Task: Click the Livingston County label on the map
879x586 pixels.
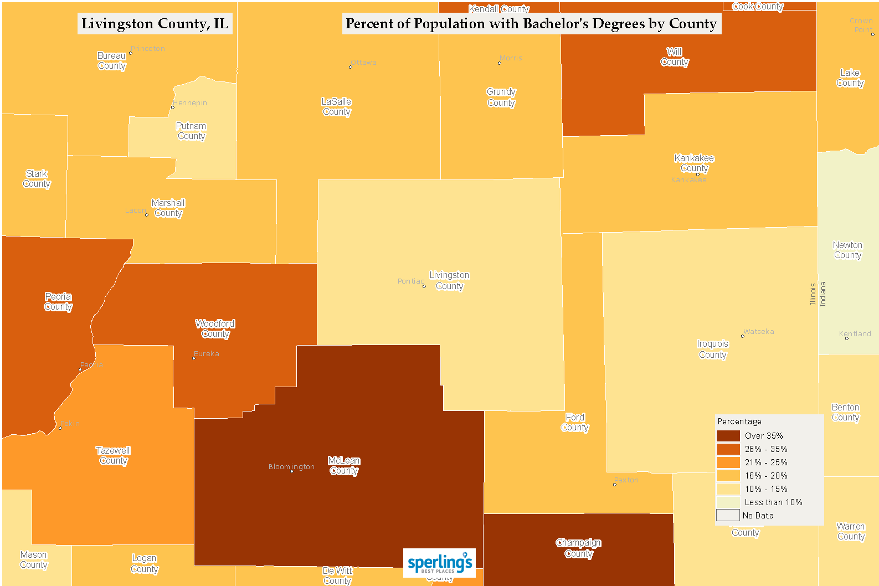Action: click(x=449, y=281)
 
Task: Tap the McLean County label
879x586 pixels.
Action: click(x=344, y=466)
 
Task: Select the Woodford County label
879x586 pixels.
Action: click(x=215, y=328)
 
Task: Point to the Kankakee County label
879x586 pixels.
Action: click(x=694, y=163)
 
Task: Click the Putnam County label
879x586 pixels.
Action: click(x=191, y=131)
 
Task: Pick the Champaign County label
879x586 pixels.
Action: click(x=579, y=548)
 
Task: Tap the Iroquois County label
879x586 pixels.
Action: click(x=713, y=349)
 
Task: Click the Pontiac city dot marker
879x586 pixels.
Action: click(x=424, y=286)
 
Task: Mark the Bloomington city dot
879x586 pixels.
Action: click(x=292, y=471)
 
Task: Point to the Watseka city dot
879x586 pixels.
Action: click(x=743, y=336)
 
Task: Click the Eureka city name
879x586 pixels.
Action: click(x=207, y=354)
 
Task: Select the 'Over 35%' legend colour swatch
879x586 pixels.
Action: click(x=728, y=436)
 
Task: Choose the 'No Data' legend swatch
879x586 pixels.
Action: click(x=728, y=516)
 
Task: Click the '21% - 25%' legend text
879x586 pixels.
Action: click(x=766, y=462)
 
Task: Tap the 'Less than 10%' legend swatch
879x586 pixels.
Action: click(x=728, y=502)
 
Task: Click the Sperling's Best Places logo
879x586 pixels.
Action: click(x=439, y=563)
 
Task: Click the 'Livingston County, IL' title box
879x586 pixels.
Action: click(x=155, y=24)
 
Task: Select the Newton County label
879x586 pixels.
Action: click(x=847, y=250)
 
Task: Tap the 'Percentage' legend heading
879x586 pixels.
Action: click(x=739, y=421)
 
